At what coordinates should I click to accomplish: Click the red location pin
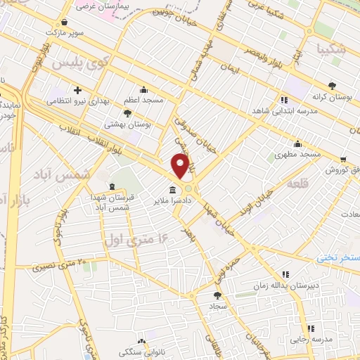pyautogui.click(x=181, y=166)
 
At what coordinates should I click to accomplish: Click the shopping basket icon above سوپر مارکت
pyautogui.click(x=65, y=22)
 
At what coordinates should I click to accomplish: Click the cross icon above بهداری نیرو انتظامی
pyautogui.click(x=77, y=90)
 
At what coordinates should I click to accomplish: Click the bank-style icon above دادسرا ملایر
pyautogui.click(x=172, y=189)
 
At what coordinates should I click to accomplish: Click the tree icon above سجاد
pyautogui.click(x=216, y=295)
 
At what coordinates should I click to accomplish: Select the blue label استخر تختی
pyautogui.click(x=339, y=258)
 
